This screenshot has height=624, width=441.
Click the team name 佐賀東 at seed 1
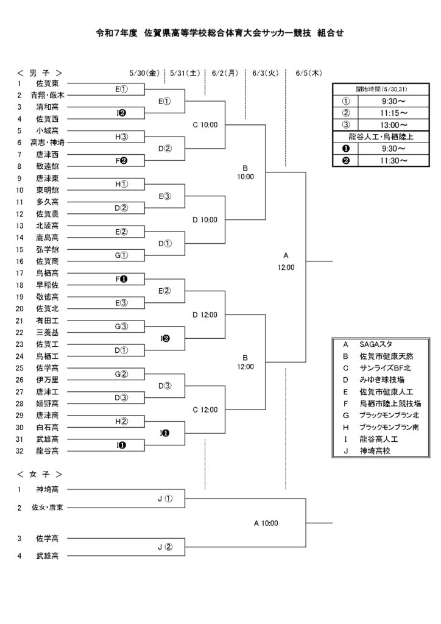pyautogui.click(x=48, y=83)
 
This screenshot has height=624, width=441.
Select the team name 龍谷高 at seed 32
pyautogui.click(x=48, y=451)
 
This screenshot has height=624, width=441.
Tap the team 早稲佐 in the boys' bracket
pyautogui.click(x=48, y=285)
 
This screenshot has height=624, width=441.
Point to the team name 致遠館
pyautogui.click(x=48, y=166)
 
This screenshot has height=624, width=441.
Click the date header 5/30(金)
pyautogui.click(x=144, y=73)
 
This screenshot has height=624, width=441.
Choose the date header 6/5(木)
pyautogui.click(x=309, y=73)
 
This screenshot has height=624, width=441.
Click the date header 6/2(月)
pyautogui.click(x=225, y=73)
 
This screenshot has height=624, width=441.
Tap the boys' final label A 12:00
pyautogui.click(x=286, y=261)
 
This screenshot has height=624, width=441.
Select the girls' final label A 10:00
pyautogui.click(x=266, y=523)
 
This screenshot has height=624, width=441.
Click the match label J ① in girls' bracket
pyautogui.click(x=165, y=498)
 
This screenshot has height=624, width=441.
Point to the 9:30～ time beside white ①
pyautogui.click(x=393, y=102)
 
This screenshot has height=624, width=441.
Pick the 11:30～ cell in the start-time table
pyautogui.click(x=393, y=161)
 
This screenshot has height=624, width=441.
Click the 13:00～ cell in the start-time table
pyautogui.click(x=393, y=125)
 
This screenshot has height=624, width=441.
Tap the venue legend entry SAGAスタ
pyautogui.click(x=376, y=344)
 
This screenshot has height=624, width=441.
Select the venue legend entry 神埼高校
pyautogui.click(x=375, y=451)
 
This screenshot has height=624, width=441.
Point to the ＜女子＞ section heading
pyautogui.click(x=40, y=474)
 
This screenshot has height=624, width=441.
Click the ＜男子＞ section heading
pyautogui.click(x=40, y=73)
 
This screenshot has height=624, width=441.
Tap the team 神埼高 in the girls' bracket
pyautogui.click(x=48, y=489)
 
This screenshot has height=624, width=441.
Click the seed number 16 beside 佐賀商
pyautogui.click(x=20, y=261)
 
